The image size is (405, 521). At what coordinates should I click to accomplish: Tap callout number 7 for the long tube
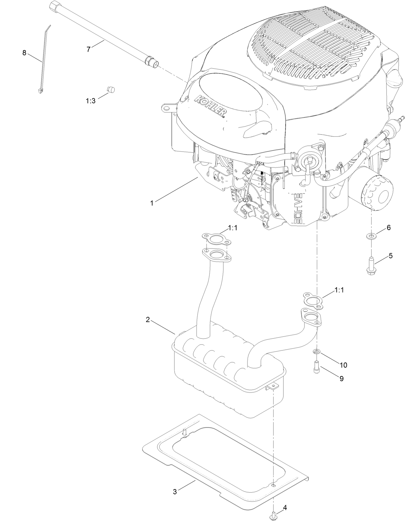tap(89, 50)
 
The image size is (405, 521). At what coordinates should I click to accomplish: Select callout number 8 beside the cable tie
tap(24, 53)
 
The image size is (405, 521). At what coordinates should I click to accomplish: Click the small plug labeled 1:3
tap(111, 89)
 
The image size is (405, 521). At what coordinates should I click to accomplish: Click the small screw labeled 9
tap(316, 367)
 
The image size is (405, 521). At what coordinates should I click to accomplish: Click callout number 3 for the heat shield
tap(175, 492)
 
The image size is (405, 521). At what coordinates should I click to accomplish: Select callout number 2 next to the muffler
tap(148, 320)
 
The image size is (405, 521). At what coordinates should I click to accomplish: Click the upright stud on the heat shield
tap(185, 432)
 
